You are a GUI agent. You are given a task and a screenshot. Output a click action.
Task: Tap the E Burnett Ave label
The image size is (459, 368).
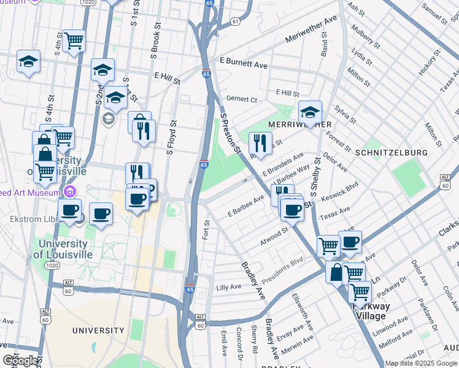244,64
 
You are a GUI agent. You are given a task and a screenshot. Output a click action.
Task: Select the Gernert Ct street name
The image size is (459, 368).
241,99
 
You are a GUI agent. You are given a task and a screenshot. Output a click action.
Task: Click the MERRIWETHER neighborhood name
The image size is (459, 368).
296,125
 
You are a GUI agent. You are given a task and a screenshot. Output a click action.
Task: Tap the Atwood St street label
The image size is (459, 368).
274,236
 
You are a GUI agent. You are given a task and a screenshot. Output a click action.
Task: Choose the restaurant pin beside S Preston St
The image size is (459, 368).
260,143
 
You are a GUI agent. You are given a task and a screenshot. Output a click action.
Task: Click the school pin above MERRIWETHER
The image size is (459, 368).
310,112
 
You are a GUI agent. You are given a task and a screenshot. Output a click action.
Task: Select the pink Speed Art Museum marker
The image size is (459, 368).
70,191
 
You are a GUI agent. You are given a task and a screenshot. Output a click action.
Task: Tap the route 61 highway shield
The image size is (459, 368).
236,21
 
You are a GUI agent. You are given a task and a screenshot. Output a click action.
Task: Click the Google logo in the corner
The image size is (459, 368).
21,361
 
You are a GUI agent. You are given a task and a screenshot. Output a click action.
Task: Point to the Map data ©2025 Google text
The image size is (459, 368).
421,363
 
